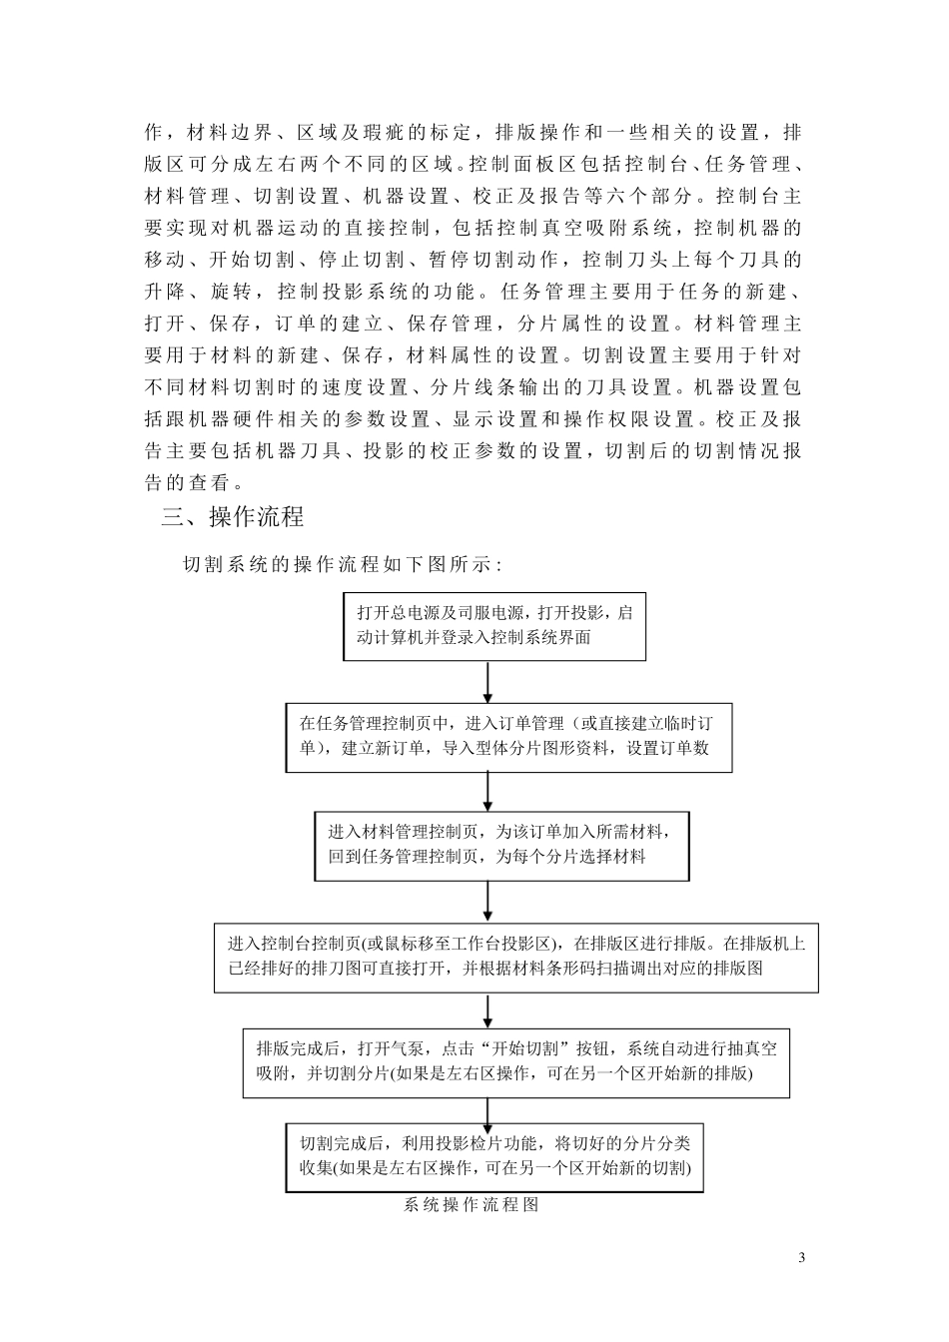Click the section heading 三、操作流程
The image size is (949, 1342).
pyautogui.click(x=233, y=517)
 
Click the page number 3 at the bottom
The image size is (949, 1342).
pyautogui.click(x=802, y=1256)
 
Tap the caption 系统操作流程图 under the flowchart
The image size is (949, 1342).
pyautogui.click(x=472, y=1205)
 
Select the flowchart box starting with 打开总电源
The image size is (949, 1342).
pyautogui.click(x=493, y=625)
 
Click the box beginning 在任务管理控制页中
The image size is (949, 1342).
pyautogui.click(x=508, y=736)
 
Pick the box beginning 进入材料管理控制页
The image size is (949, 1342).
pyautogui.click(x=501, y=844)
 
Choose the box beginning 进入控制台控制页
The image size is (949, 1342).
pyautogui.click(x=515, y=957)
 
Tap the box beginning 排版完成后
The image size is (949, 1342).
pyautogui.click(x=515, y=1062)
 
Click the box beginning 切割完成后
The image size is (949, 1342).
pyautogui.click(x=494, y=1156)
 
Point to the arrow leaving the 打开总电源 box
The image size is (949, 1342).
pyautogui.click(x=487, y=681)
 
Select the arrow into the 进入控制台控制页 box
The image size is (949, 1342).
pyautogui.click(x=487, y=902)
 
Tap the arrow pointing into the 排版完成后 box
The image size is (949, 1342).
pyautogui.click(x=487, y=1009)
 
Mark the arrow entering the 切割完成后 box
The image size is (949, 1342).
pyautogui.click(x=487, y=1110)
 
